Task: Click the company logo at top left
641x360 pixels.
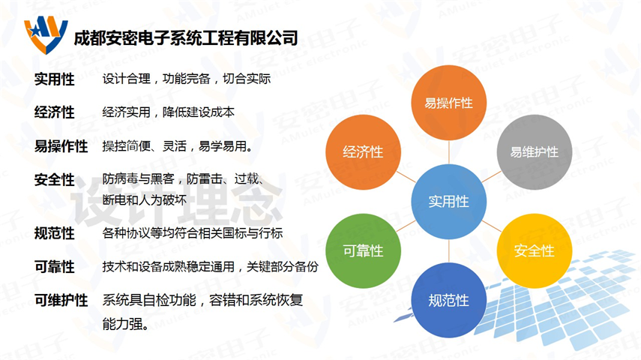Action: [46, 35]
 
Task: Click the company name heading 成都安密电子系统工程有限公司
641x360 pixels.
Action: [186, 38]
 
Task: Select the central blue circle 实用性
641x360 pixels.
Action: [448, 202]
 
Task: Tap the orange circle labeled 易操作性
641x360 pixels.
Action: [448, 103]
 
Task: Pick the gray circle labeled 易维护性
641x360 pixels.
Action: [534, 152]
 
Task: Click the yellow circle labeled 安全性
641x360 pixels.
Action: [534, 250]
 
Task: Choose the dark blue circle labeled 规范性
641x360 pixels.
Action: [448, 300]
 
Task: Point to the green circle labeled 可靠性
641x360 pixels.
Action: [363, 250]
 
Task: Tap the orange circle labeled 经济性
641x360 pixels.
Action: [363, 152]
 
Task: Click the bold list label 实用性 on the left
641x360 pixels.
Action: [55, 79]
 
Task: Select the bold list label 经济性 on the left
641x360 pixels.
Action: [55, 112]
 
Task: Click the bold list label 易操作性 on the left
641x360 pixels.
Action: [61, 146]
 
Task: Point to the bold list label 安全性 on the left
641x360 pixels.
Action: [55, 179]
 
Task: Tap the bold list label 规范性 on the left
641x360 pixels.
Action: [55, 233]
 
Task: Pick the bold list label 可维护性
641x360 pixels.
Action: [61, 301]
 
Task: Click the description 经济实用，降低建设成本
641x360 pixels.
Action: [169, 112]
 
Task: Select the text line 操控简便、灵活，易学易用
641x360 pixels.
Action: [178, 146]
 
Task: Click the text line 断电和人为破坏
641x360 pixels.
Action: [144, 200]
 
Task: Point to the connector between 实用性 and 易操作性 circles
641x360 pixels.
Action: [448, 152]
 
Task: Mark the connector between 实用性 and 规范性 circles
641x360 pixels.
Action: [448, 250]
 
